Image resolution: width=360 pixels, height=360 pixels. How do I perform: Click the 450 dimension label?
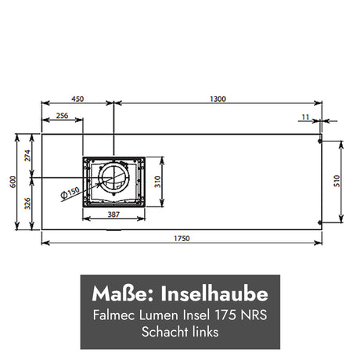click(x=77, y=99)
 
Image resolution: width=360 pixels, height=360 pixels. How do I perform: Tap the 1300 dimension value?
click(x=218, y=99)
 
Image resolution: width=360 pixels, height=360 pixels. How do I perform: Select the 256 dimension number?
click(x=62, y=116)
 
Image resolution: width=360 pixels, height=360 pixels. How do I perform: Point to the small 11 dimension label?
click(x=305, y=117)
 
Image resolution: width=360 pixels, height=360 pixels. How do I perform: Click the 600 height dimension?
click(x=13, y=182)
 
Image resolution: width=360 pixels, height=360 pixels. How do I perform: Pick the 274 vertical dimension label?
click(x=27, y=156)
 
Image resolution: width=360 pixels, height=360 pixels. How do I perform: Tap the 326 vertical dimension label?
click(x=27, y=203)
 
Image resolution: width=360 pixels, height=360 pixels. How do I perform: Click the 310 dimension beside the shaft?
click(x=157, y=182)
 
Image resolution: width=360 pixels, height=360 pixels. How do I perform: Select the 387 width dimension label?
click(x=113, y=214)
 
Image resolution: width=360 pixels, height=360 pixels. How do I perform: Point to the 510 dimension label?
click(x=337, y=181)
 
